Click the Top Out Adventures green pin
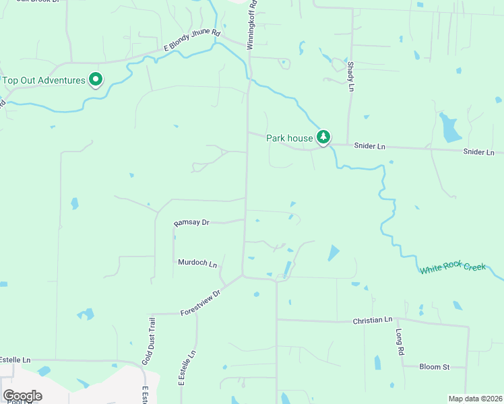click(96, 80)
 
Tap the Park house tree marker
click(324, 137)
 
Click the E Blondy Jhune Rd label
click(193, 40)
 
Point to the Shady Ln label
click(351, 76)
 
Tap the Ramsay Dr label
click(192, 223)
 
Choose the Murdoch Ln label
click(197, 263)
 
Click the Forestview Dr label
click(201, 304)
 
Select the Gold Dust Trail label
click(149, 341)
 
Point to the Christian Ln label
click(373, 321)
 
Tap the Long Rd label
click(400, 342)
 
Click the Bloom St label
click(434, 367)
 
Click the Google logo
click(22, 395)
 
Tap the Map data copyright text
click(476, 399)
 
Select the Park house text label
click(290, 138)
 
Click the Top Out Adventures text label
click(44, 81)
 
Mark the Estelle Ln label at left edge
click(15, 360)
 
